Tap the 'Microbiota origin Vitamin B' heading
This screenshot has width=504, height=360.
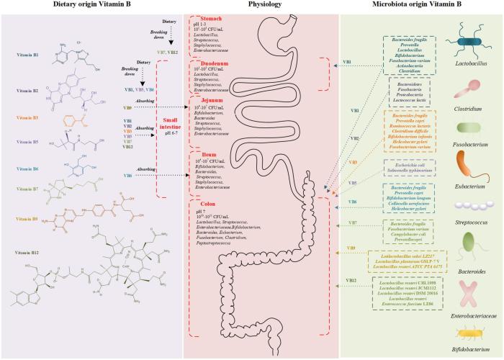420,6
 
